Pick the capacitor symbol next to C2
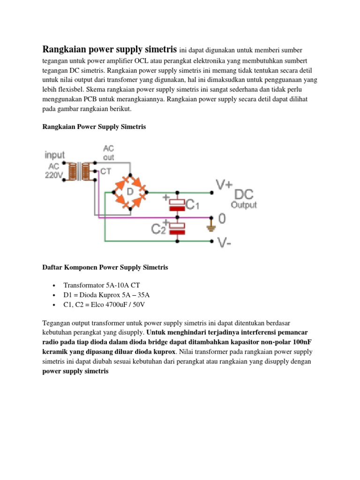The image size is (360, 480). click(x=177, y=228)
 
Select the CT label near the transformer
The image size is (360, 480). click(x=106, y=171)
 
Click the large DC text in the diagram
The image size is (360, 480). click(x=244, y=194)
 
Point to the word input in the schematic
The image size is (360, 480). click(x=55, y=155)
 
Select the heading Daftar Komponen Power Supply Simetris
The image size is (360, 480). click(x=105, y=268)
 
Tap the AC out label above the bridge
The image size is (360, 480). click(x=108, y=153)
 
